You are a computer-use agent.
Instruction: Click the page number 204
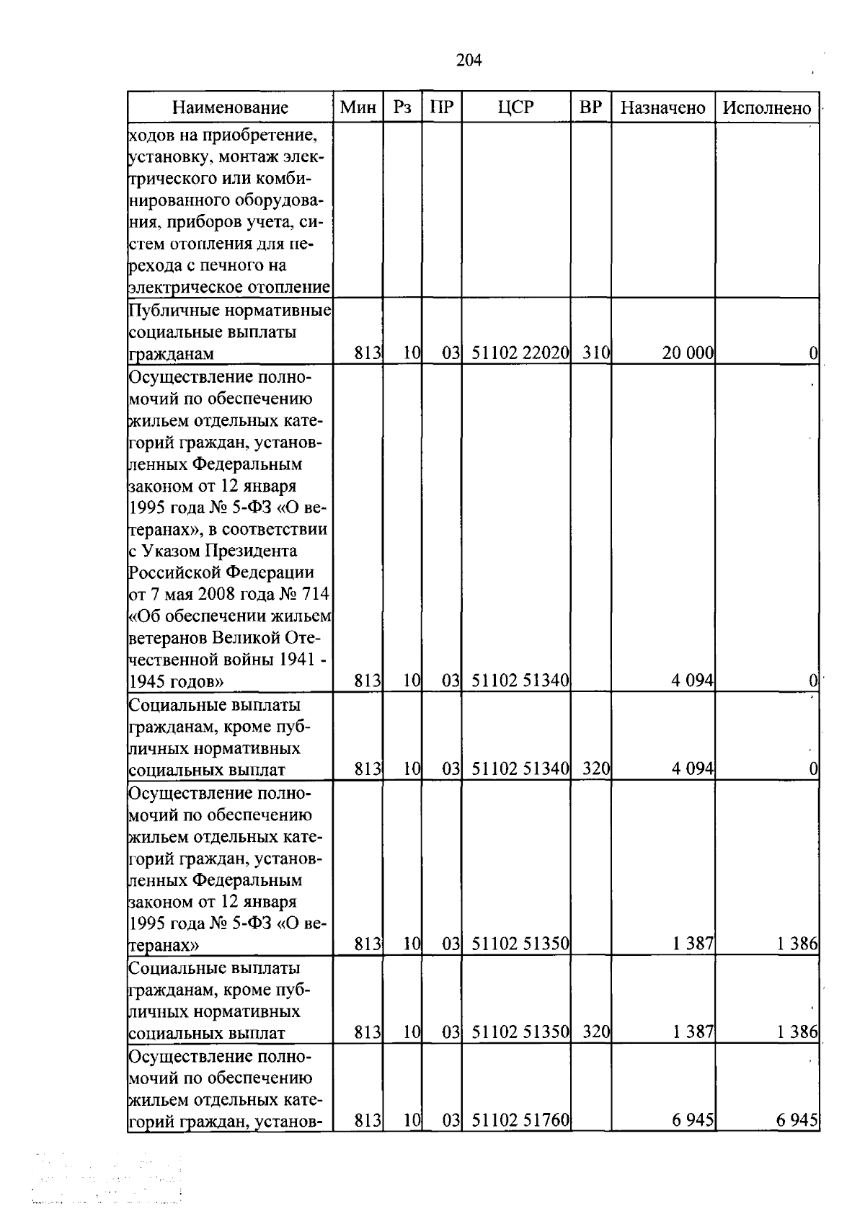click(x=469, y=60)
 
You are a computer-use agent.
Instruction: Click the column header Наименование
click(x=230, y=108)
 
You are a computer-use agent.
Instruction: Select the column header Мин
click(x=358, y=108)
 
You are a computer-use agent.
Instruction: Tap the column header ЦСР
click(x=515, y=107)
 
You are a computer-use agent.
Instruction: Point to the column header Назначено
click(x=662, y=108)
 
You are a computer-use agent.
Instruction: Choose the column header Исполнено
click(x=767, y=108)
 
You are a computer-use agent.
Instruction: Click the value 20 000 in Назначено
click(x=688, y=353)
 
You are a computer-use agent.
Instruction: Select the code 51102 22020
click(x=520, y=353)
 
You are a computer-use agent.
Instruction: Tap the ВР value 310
click(x=596, y=353)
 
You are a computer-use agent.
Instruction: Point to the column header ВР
click(x=590, y=107)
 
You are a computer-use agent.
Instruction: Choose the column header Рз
click(x=402, y=107)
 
